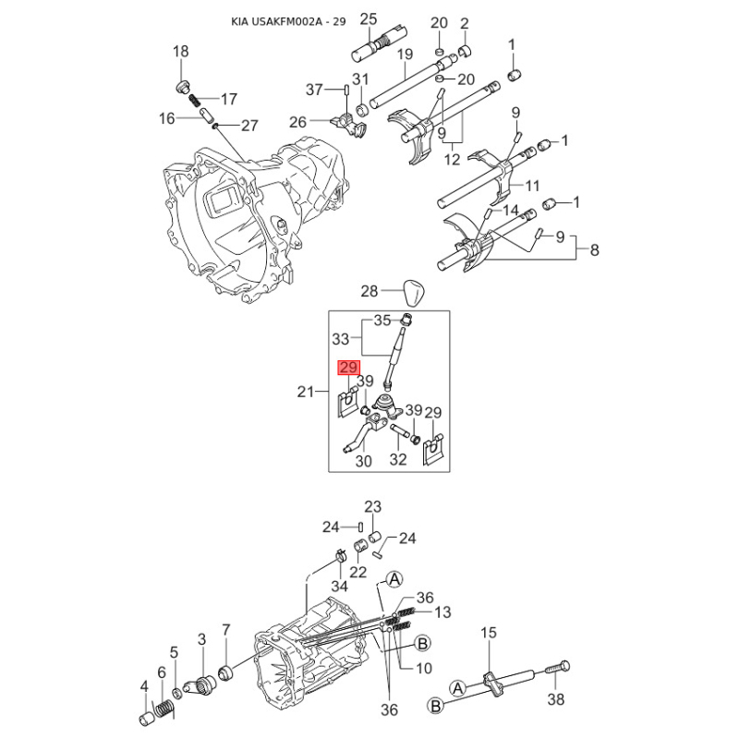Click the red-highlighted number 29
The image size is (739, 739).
(x=348, y=368)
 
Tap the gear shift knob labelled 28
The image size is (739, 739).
(x=412, y=292)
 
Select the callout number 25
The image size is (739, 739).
(x=369, y=19)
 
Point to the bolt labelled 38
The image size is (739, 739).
(x=558, y=671)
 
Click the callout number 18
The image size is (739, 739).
(x=180, y=51)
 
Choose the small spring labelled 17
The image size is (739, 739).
(x=194, y=101)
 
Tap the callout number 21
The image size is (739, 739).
(x=306, y=392)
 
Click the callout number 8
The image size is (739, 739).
(x=594, y=249)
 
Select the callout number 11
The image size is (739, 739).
(x=532, y=186)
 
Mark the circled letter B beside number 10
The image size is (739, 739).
(x=423, y=643)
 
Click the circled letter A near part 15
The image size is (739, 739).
(x=457, y=688)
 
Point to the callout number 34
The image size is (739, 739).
(x=339, y=586)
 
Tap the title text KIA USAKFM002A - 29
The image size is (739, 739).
(x=288, y=21)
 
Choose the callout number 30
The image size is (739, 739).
(x=363, y=461)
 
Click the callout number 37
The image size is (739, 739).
(x=314, y=89)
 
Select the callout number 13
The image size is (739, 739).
(x=443, y=612)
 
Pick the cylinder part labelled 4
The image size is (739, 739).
(x=147, y=719)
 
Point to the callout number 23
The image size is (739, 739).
(x=372, y=507)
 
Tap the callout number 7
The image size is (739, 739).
(x=226, y=630)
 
